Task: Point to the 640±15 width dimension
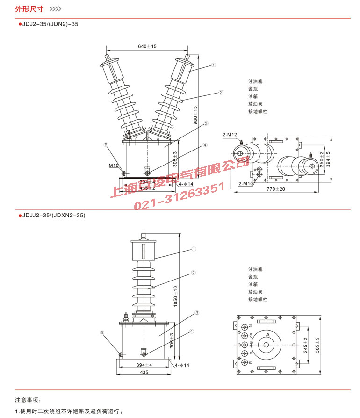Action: (147, 46)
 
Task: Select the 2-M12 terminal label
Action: (230, 135)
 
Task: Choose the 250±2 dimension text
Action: (322, 159)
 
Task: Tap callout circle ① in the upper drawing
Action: (213, 65)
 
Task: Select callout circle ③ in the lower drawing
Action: (197, 312)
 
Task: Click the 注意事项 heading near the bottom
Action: (28, 400)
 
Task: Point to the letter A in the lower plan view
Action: (268, 335)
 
